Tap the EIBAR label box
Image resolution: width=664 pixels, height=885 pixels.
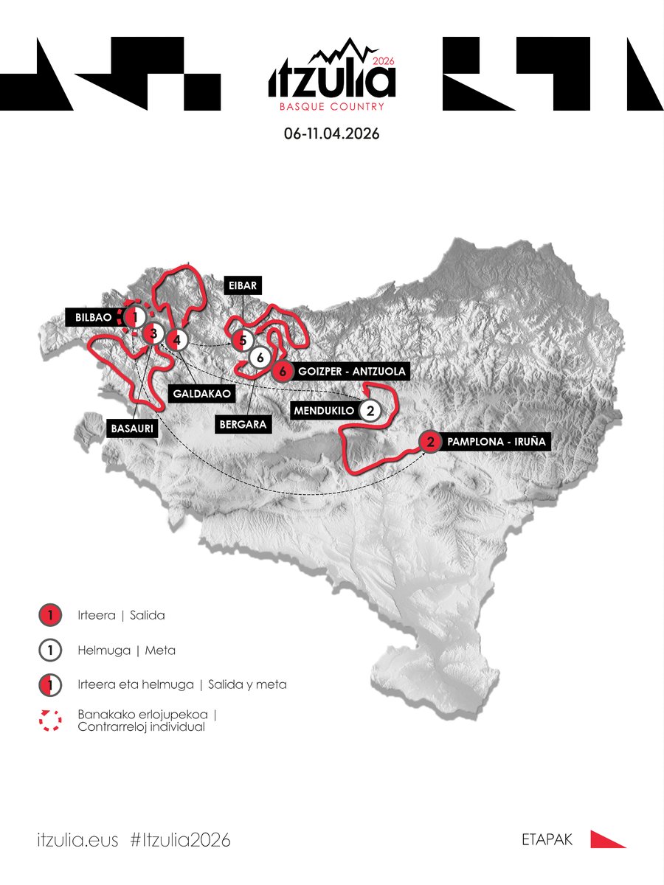[x=242, y=285]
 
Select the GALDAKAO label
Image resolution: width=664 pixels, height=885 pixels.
[x=202, y=394]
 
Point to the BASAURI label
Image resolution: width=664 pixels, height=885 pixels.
[x=133, y=428]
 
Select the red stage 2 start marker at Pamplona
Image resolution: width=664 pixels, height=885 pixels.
[x=430, y=442]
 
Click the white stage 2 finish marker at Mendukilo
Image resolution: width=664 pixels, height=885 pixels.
[x=371, y=410]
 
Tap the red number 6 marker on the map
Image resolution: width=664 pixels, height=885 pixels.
[x=282, y=372]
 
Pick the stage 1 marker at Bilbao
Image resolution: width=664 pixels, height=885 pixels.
[x=134, y=318]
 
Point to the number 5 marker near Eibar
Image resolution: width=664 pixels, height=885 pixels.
[x=242, y=341]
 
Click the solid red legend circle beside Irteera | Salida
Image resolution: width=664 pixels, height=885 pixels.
[x=49, y=614]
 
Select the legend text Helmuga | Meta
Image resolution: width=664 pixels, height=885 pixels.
[x=126, y=650]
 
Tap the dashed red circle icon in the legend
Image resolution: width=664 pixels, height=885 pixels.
[x=49, y=721]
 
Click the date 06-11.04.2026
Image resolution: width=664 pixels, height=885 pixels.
[x=331, y=136]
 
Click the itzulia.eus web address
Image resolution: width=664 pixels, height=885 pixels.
[x=77, y=840]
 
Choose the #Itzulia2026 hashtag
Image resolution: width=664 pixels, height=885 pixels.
[x=179, y=840]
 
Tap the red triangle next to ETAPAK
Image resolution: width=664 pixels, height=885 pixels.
[x=607, y=839]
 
